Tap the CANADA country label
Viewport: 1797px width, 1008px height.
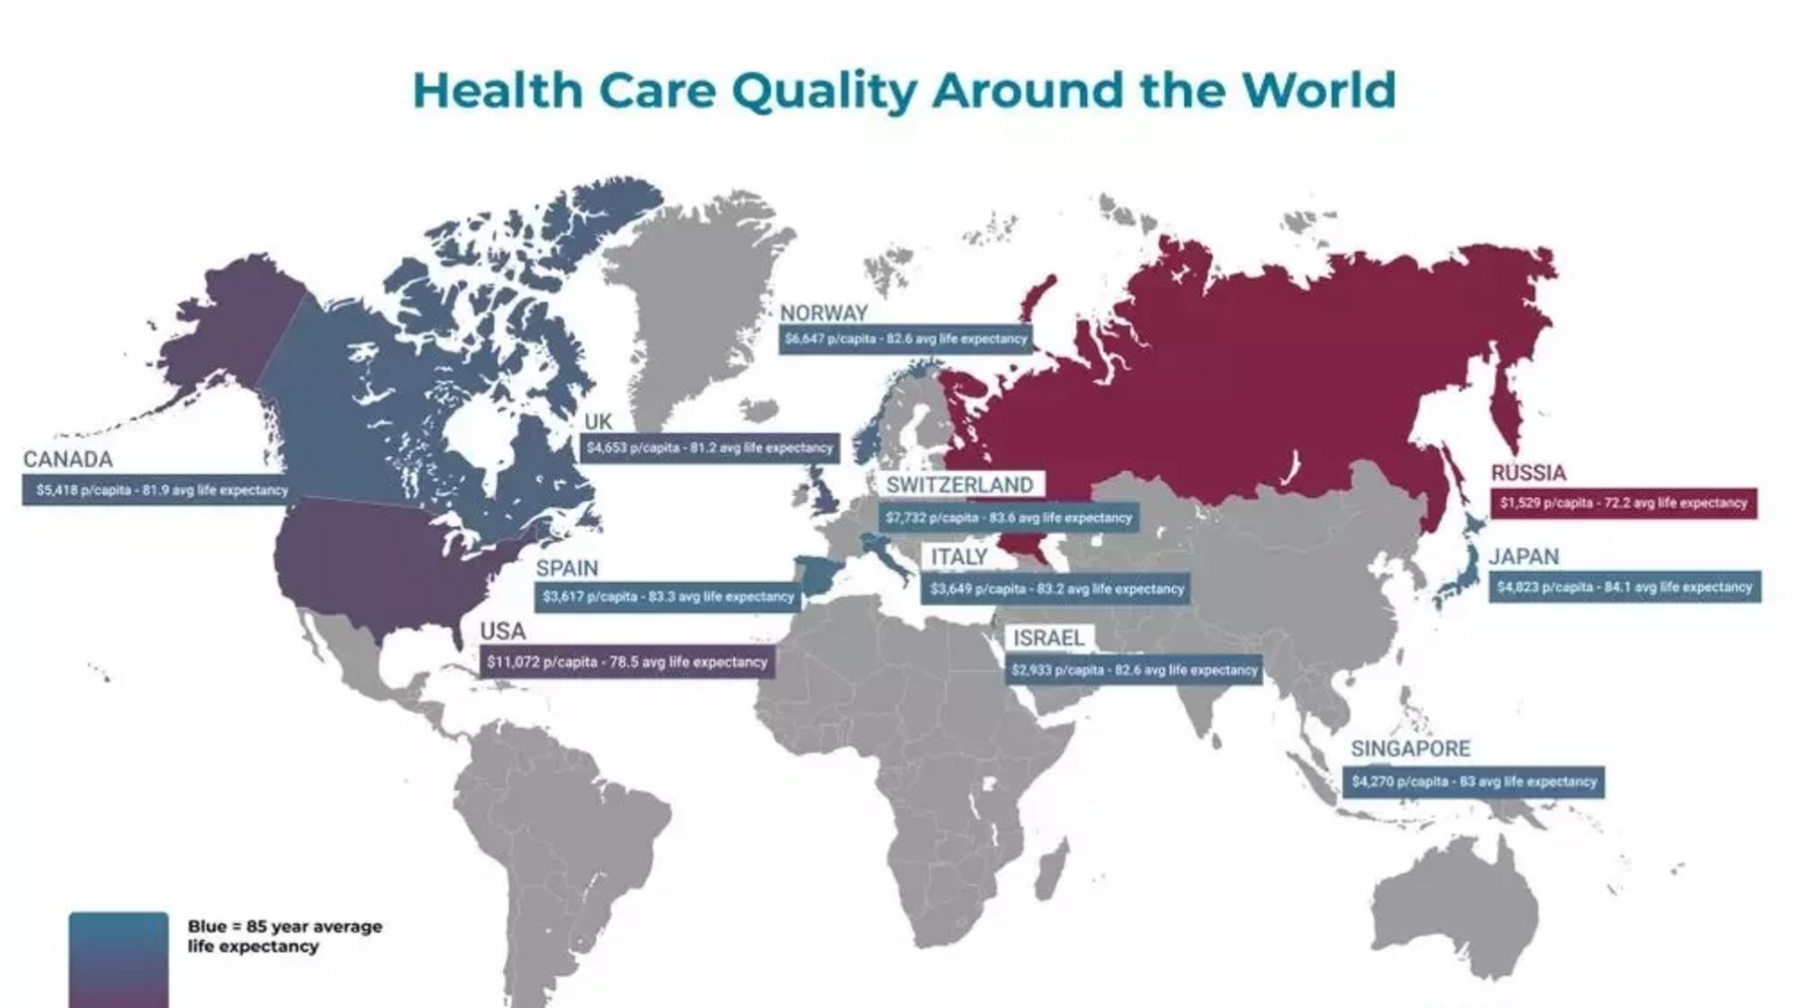[x=68, y=460]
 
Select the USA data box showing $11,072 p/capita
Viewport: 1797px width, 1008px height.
[x=627, y=662]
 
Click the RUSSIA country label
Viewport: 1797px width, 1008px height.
[x=1527, y=473]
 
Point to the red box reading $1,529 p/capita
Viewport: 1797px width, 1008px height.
[x=1623, y=503]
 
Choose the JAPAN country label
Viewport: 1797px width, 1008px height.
[x=1523, y=557]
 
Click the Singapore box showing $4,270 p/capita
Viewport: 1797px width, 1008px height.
[x=1474, y=781]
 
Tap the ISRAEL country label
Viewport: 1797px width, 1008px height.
[x=1047, y=639]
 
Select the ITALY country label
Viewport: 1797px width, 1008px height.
[x=958, y=557]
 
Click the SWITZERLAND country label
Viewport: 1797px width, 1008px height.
[x=959, y=485]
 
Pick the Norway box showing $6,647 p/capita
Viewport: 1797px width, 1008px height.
[x=904, y=339]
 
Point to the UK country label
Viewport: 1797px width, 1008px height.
[x=598, y=422]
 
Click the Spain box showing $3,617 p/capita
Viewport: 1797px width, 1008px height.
[x=668, y=597]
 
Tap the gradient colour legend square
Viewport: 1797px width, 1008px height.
[x=118, y=958]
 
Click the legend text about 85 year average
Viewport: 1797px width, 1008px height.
[x=284, y=936]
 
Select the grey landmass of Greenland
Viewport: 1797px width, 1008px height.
[x=689, y=299]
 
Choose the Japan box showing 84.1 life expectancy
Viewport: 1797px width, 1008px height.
[x=1624, y=587]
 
